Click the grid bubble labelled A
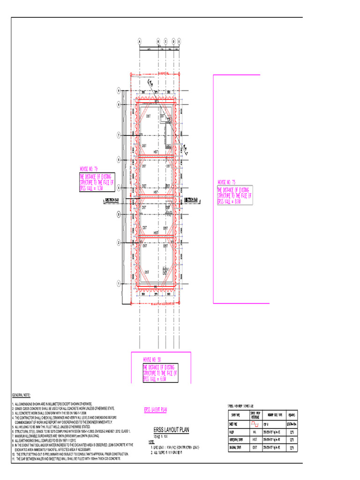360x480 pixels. coord(139,41)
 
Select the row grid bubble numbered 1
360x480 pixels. coord(119,283)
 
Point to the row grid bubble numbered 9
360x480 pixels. coord(119,90)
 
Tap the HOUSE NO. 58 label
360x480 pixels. coord(152,359)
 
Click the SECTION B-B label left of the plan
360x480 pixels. coord(112,200)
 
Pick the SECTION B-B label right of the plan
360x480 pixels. coord(191,200)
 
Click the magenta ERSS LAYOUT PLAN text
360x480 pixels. coord(155,410)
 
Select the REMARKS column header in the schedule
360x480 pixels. coord(292,415)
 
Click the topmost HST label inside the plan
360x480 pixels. coord(156,152)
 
